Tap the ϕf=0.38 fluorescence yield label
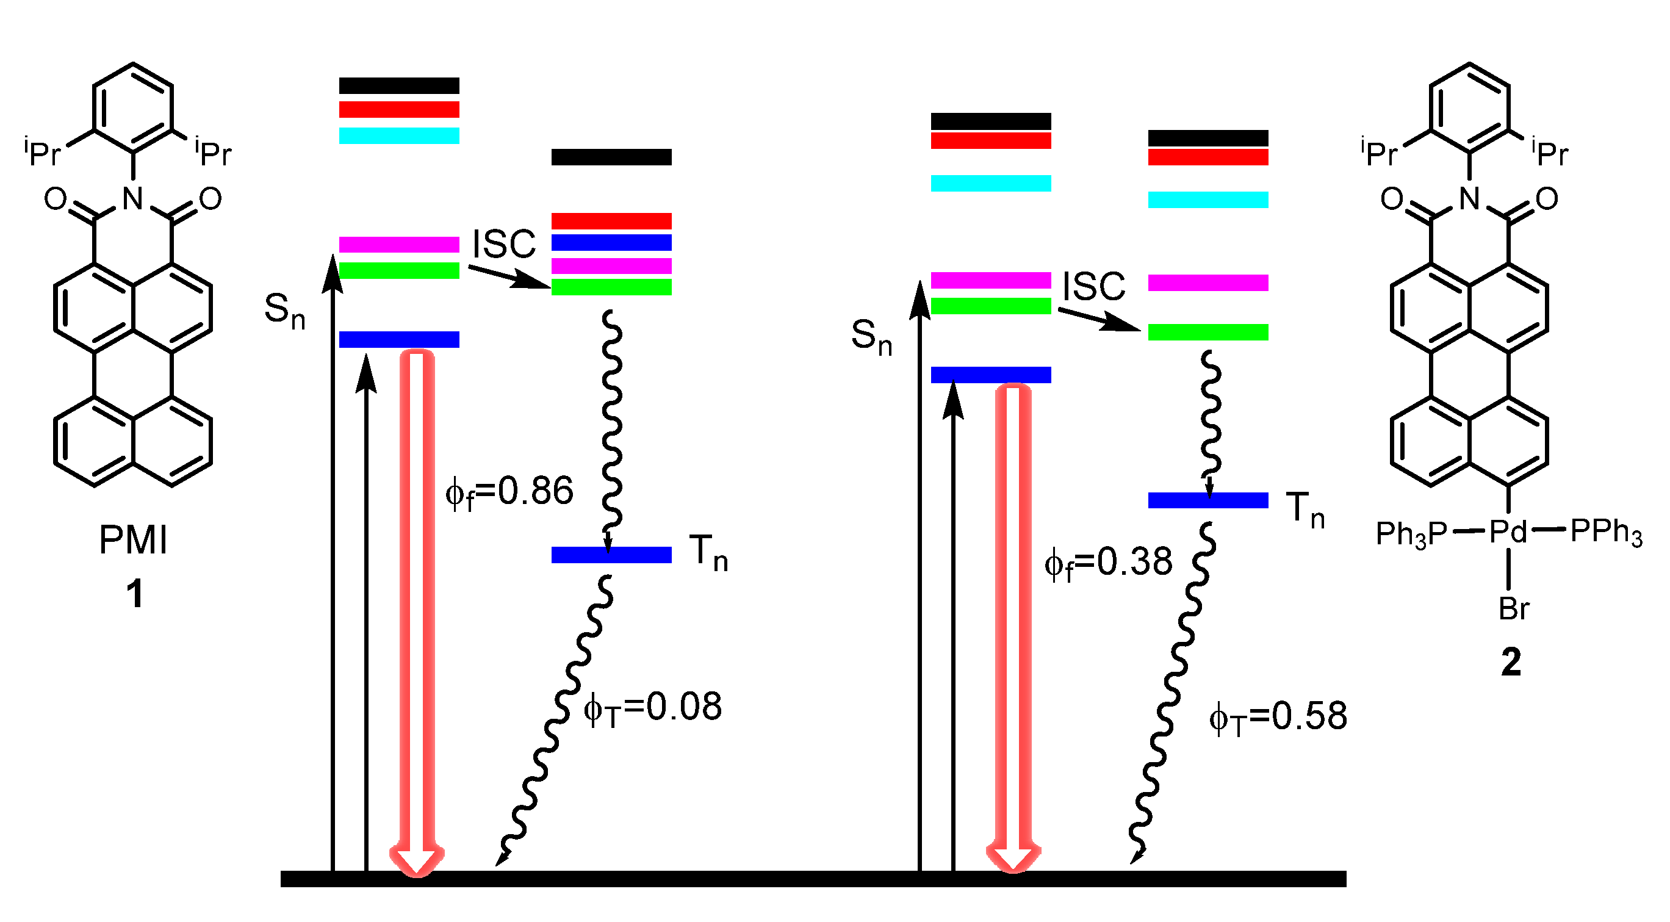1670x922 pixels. (x=1109, y=563)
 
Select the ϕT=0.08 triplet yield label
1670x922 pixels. (x=653, y=708)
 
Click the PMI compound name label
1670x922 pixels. (x=133, y=540)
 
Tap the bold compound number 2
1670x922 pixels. (x=1511, y=663)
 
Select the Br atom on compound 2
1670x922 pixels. (x=1514, y=610)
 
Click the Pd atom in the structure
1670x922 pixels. (x=1508, y=532)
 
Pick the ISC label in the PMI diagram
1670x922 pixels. (x=504, y=245)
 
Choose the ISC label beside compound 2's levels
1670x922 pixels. (x=1093, y=286)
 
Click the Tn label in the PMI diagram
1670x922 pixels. (x=708, y=553)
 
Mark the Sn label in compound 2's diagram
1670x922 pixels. (x=871, y=337)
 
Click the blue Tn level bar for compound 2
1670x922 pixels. (x=1208, y=500)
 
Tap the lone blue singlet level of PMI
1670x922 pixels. (x=399, y=340)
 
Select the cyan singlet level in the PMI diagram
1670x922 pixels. (x=399, y=135)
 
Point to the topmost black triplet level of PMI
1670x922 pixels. (x=611, y=157)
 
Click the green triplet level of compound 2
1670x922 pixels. (x=1208, y=332)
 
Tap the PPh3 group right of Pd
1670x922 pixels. (x=1606, y=532)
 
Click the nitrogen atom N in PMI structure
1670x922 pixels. (x=133, y=198)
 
